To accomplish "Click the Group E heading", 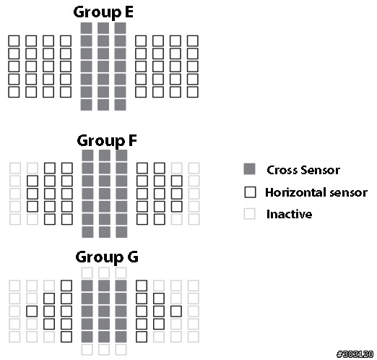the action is pyautogui.click(x=103, y=12).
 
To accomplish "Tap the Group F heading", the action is pyautogui.click(x=107, y=140).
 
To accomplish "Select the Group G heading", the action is pyautogui.click(x=107, y=257).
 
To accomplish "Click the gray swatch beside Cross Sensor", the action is pyautogui.click(x=249, y=169).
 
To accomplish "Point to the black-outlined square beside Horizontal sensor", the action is pyautogui.click(x=250, y=192).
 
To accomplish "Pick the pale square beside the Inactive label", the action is pyautogui.click(x=249, y=213).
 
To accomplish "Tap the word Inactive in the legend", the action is pyautogui.click(x=289, y=214).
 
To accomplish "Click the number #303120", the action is pyautogui.click(x=355, y=354).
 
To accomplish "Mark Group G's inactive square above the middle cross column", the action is pyautogui.click(x=104, y=273).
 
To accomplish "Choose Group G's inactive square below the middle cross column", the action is pyautogui.click(x=104, y=349).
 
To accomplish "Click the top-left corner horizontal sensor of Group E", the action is pyautogui.click(x=14, y=41).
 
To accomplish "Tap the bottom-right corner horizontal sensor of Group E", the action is pyautogui.click(x=193, y=92).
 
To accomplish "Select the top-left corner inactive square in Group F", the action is pyautogui.click(x=15, y=168).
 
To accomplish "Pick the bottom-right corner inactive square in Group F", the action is pyautogui.click(x=194, y=219).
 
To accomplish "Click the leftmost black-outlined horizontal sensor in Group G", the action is pyautogui.click(x=32, y=311).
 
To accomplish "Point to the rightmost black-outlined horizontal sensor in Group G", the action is pyautogui.click(x=176, y=311).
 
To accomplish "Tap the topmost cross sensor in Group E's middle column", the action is pyautogui.click(x=103, y=28).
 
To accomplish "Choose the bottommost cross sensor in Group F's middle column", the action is pyautogui.click(x=105, y=232).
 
